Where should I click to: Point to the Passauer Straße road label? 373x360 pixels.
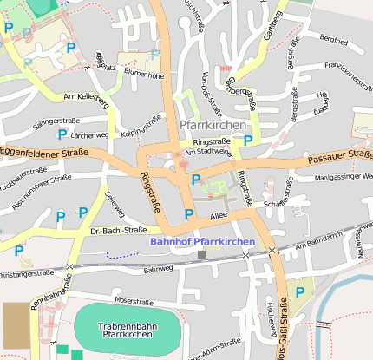tap(339, 157)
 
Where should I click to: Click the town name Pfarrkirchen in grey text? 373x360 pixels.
tap(213, 125)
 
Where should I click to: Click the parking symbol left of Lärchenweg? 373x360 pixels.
tap(62, 134)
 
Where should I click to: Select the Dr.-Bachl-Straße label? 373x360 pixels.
tap(118, 231)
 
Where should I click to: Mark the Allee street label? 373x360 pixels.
tap(219, 215)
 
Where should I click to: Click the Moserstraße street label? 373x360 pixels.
tap(134, 300)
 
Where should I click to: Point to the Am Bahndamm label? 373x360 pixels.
tap(319, 241)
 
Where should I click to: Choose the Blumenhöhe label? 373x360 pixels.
tap(144, 75)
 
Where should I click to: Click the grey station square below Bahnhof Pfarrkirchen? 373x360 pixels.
tap(202, 254)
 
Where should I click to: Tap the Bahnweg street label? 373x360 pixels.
tap(158, 269)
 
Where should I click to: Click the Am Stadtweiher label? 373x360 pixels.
tap(203, 151)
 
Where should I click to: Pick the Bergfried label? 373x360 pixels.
tap(333, 39)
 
